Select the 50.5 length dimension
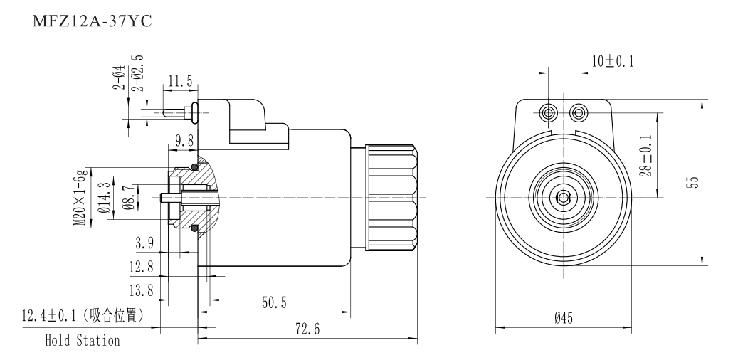tap(273, 303)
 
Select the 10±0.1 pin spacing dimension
tap(614, 62)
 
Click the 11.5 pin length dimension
tap(181, 82)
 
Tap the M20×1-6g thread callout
tap(83, 197)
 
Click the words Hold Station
tap(83, 341)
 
